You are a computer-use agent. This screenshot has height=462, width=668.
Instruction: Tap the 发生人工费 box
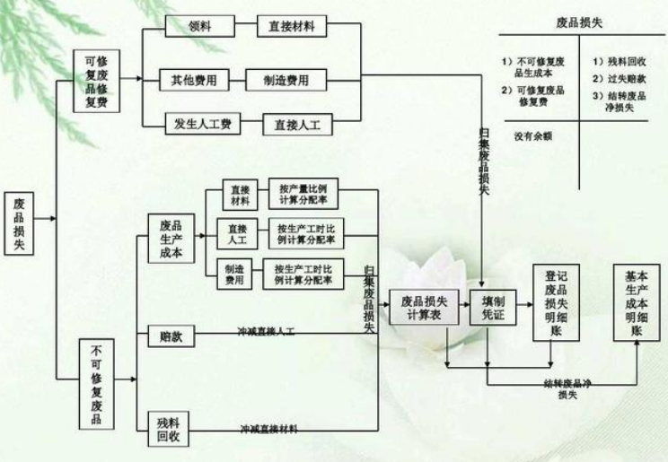coord(202,123)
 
